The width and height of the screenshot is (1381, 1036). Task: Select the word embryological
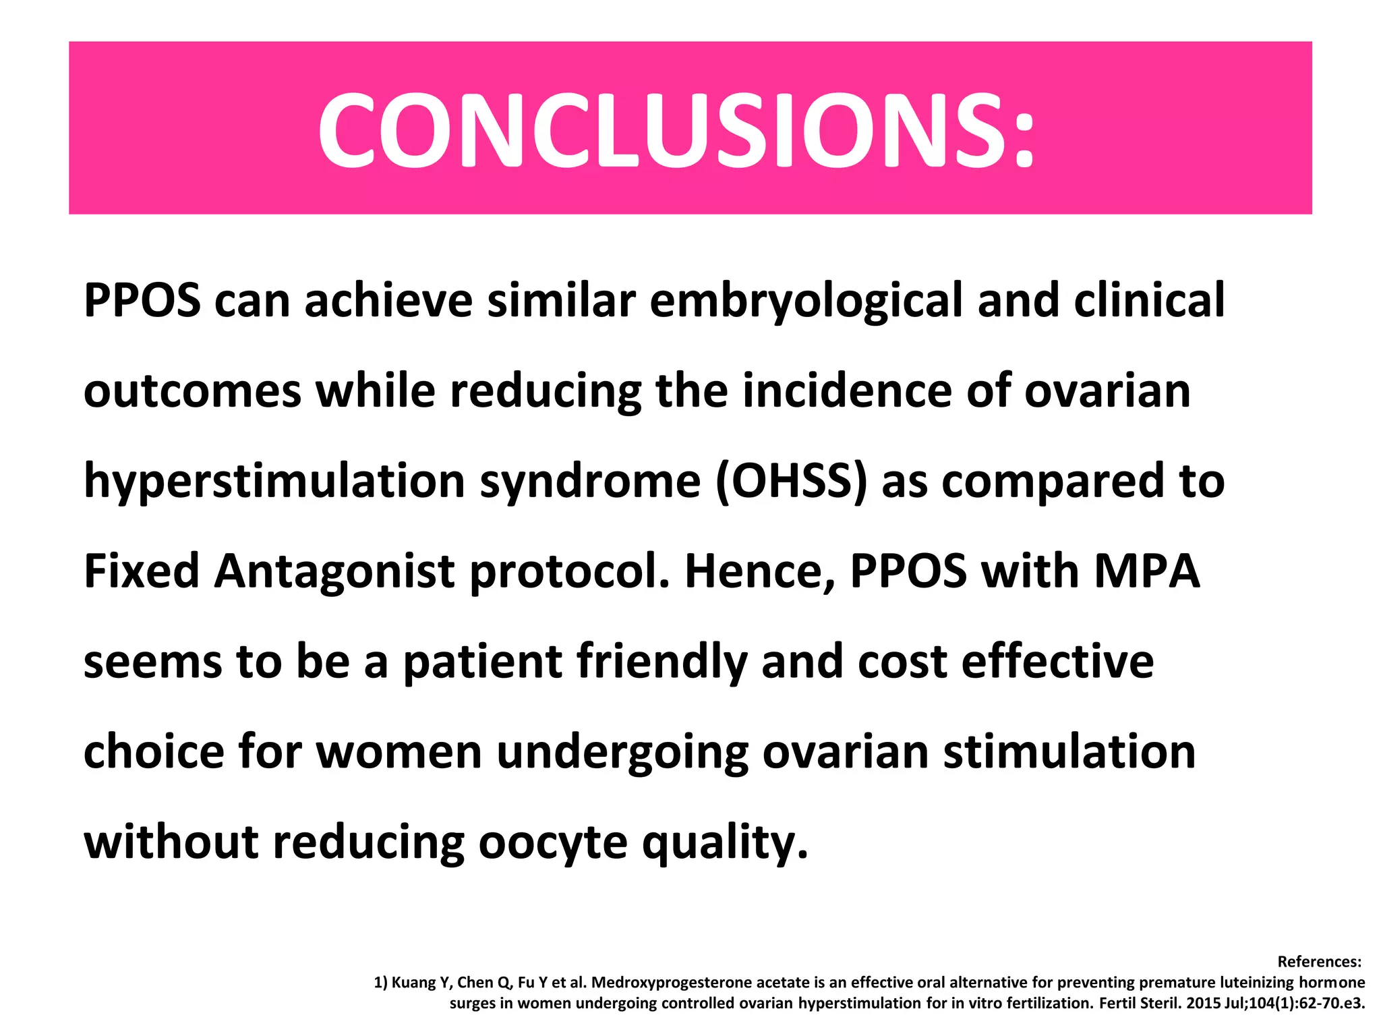point(806,300)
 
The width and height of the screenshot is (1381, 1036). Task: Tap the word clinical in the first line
point(1149,300)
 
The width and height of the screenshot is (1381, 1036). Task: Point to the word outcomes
point(192,391)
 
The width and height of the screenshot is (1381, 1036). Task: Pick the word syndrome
point(590,482)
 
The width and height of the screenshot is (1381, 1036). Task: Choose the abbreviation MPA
point(1146,571)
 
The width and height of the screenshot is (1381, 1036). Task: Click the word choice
point(154,752)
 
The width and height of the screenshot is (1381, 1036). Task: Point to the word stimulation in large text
point(1069,752)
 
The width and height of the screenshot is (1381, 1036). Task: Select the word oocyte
point(553,842)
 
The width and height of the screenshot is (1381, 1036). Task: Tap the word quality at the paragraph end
point(724,842)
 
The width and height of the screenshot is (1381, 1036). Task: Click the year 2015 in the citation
point(1204,1004)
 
